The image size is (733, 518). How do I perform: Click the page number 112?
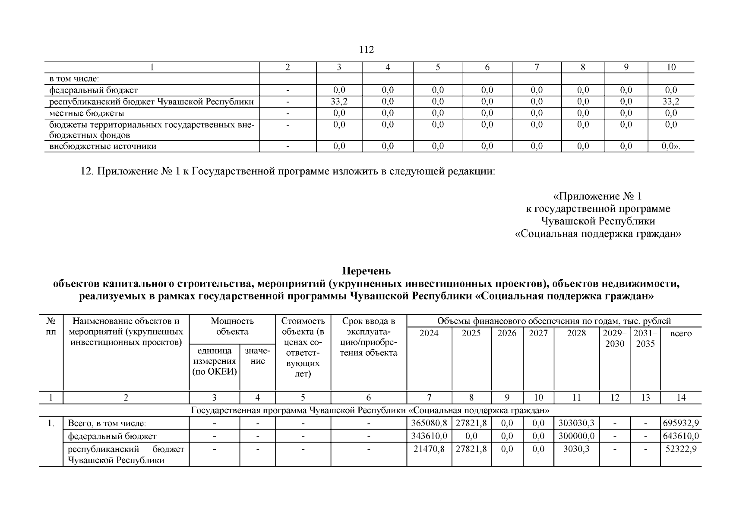(x=366, y=50)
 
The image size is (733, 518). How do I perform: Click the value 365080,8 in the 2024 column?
(x=429, y=423)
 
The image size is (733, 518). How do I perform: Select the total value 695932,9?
(x=681, y=423)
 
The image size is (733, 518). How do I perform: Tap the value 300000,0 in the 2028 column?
(x=576, y=436)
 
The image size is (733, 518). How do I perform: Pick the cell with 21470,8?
(x=429, y=449)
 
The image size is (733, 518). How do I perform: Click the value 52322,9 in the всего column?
(x=681, y=449)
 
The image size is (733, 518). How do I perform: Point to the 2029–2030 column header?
(x=615, y=338)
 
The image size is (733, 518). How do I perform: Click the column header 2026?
(x=507, y=333)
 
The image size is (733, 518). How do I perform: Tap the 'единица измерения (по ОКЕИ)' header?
(x=214, y=361)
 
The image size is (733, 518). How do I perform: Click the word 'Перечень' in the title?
(x=366, y=271)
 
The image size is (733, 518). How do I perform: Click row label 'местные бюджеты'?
(x=87, y=113)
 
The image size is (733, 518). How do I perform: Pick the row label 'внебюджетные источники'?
(x=103, y=146)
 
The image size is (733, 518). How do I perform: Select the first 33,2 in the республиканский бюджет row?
(x=339, y=102)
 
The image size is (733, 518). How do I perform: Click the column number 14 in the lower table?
(x=681, y=398)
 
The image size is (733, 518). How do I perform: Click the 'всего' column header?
(x=681, y=333)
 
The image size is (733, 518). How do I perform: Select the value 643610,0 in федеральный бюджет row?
(x=681, y=436)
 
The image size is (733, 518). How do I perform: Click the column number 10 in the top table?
(x=671, y=67)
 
